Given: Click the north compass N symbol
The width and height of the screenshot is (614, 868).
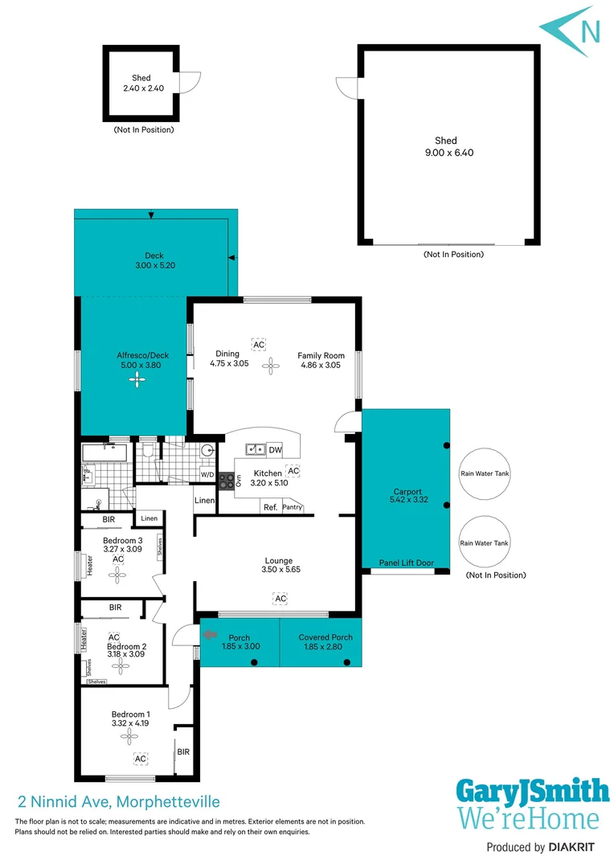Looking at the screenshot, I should coord(589,31).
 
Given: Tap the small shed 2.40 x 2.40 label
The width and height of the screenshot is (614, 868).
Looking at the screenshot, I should coord(142,84).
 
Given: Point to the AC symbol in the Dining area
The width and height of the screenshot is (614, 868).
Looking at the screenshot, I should coord(259,344).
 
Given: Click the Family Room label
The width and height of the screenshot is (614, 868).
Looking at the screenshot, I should coord(321,360).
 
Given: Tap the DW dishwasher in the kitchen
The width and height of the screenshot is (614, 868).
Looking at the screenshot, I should coord(275,450).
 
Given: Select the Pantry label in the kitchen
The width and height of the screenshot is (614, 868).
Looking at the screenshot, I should coord(292,507).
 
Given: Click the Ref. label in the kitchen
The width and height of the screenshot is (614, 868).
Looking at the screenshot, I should coord(270,507).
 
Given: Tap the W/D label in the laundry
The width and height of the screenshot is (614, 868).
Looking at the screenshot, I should coord(207,475).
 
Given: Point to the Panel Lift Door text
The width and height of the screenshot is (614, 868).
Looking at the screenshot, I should coord(406,563).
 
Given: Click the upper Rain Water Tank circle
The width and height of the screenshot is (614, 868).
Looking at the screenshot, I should coord(485,474).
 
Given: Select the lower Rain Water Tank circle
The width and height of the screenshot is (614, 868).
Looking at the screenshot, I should coord(485,543).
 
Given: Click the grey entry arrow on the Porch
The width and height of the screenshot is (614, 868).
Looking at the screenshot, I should coord(211,635).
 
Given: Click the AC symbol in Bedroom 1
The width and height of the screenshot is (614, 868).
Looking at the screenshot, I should coord(140,759).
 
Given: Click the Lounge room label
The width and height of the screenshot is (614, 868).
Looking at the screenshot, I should coord(279,565).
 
